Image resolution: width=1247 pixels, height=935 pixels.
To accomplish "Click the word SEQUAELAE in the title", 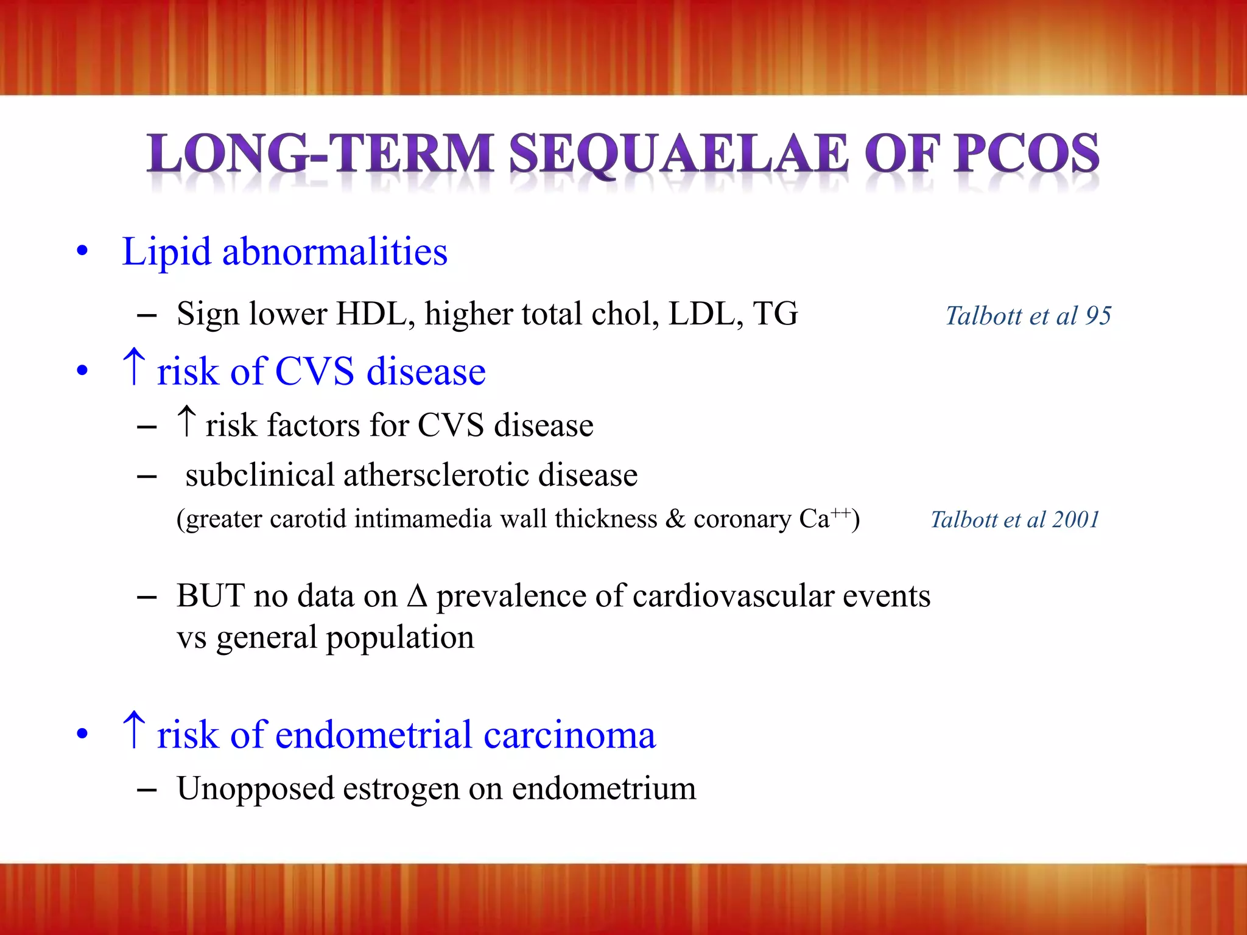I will [678, 153].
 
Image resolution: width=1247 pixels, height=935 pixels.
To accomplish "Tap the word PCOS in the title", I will [1026, 153].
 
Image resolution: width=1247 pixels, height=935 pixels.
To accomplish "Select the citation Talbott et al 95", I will [1028, 315].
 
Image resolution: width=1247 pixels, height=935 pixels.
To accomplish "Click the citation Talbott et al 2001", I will [1015, 519].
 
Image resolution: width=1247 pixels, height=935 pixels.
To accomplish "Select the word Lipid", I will [166, 252].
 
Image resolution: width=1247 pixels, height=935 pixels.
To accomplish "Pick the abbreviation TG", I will [775, 314].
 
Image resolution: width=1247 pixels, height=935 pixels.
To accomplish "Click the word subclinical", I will [260, 475].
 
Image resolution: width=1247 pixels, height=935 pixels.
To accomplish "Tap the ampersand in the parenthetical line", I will [675, 519].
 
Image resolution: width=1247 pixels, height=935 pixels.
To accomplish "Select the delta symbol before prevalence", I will [417, 595].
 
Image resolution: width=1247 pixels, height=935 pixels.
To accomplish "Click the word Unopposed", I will [256, 789].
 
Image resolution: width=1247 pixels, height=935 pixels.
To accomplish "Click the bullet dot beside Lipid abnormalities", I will [82, 251].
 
